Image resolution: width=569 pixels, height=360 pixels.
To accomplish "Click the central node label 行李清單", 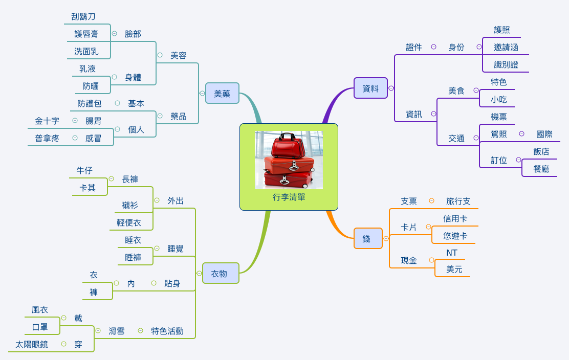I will tap(289, 197).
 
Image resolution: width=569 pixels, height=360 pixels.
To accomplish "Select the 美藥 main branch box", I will tap(222, 94).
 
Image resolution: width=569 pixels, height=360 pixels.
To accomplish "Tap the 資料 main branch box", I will tap(370, 88).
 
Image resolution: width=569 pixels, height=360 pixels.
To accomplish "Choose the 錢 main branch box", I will tap(367, 239).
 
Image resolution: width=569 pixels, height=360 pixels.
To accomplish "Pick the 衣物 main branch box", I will tap(220, 274).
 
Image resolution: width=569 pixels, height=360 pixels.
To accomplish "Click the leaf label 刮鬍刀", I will tap(83, 16).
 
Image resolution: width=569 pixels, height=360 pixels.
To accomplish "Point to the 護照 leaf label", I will tap(502, 30).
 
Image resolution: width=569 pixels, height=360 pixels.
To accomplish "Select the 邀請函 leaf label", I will tap(506, 47).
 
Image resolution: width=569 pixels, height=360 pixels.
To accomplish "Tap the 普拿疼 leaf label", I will tap(47, 138).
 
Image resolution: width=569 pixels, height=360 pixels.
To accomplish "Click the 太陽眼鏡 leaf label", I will tap(32, 344).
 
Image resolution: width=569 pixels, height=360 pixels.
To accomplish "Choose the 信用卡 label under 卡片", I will tap(455, 218).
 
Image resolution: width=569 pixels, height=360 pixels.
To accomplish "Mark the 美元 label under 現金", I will tap(454, 269).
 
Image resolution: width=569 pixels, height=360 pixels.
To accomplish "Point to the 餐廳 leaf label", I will tap(541, 169).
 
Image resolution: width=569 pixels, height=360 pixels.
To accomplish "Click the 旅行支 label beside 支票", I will tap(458, 201).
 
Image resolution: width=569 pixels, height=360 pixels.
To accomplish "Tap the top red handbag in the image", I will tap(288, 146).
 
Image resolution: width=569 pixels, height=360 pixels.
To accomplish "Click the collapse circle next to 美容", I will tap(160, 55).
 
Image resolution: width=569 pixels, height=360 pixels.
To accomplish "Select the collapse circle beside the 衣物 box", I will tap(199, 274).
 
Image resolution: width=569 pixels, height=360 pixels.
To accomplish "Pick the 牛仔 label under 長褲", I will tap(84, 170).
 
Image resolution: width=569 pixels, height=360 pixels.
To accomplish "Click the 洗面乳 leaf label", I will tap(86, 51).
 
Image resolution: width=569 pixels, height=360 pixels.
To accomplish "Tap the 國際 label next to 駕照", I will tap(544, 134).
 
